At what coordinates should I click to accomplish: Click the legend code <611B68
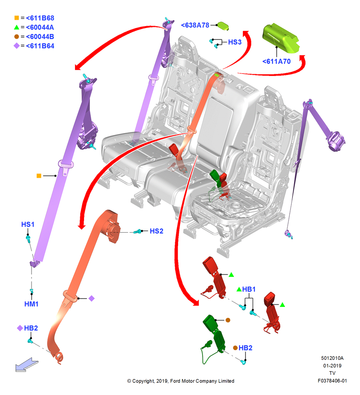coord(40,18)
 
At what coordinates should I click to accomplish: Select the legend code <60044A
coord(40,28)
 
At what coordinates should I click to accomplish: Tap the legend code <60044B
coord(40,37)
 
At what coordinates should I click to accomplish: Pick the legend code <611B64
coord(40,46)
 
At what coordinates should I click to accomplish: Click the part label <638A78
coord(195,25)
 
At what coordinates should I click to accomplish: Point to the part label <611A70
coord(276,62)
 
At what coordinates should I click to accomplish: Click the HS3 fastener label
coord(234,42)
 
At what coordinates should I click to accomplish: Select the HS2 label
coord(156,231)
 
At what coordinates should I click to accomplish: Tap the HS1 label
coord(28,224)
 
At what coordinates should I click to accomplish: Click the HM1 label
coord(31,304)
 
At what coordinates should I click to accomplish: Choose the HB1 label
coord(249,290)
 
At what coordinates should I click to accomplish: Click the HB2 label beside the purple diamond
coord(31,328)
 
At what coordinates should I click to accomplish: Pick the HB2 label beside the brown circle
coord(245,348)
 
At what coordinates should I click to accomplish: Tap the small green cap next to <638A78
coord(223,26)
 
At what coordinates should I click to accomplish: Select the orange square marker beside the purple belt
coord(39,176)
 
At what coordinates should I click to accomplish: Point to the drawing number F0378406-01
coord(332,381)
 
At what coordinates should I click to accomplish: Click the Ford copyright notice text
coord(180,381)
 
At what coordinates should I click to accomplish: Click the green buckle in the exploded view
coord(214,338)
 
